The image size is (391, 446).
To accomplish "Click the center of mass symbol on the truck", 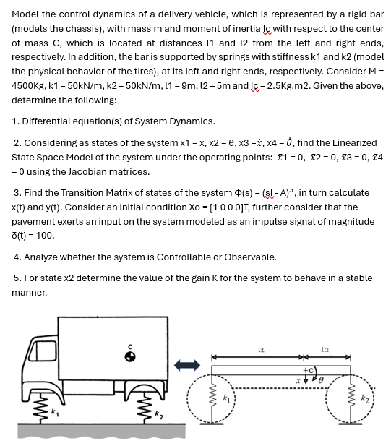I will (x=131, y=356).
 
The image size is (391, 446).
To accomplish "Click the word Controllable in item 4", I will (x=183, y=257).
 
